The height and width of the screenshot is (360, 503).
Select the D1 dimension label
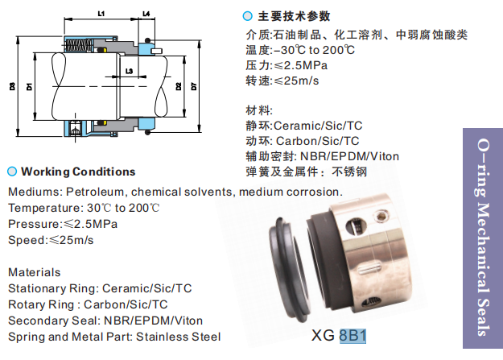coord(29,85)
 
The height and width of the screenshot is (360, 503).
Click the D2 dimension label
coord(178,85)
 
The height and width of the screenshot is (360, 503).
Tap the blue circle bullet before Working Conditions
coord(12,172)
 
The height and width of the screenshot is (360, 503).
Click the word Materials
coord(34,272)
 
